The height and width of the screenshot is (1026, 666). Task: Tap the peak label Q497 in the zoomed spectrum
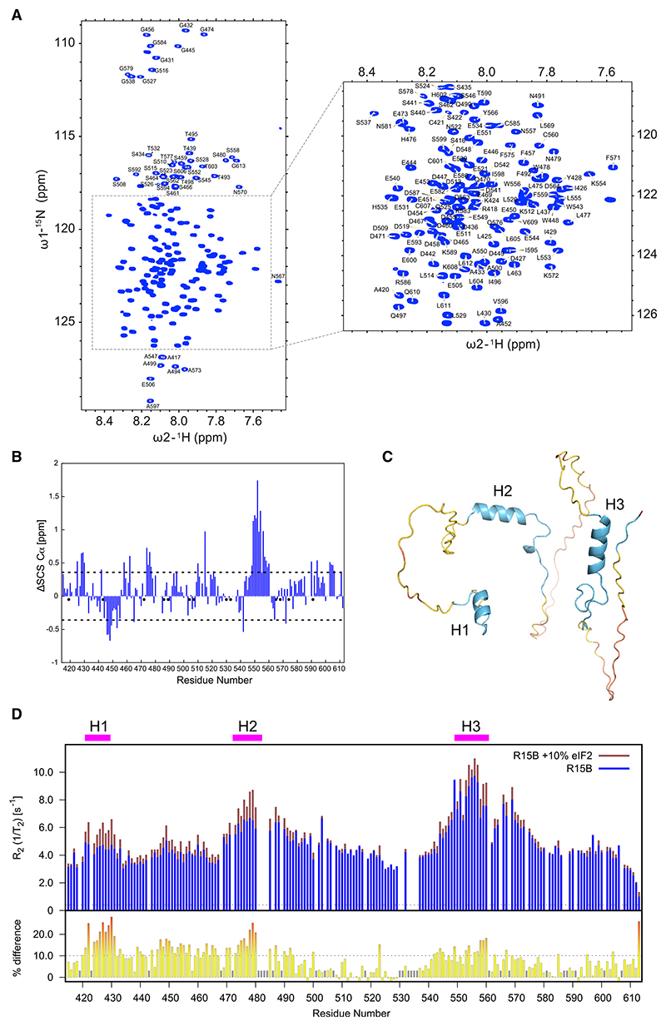[x=399, y=316]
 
